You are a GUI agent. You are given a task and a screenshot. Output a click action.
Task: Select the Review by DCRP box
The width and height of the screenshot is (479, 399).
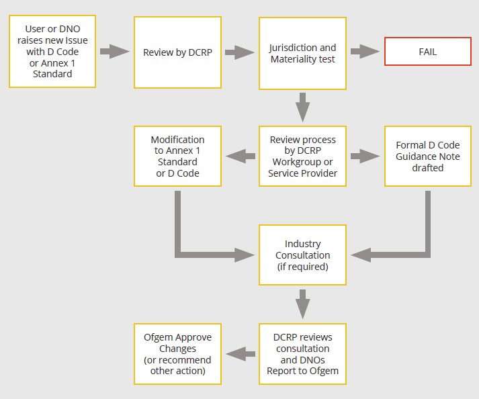coord(177,52)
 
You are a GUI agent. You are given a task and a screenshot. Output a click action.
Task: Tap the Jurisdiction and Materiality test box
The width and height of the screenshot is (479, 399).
coord(302,53)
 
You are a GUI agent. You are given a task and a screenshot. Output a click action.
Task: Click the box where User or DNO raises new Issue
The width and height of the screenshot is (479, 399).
coord(52,52)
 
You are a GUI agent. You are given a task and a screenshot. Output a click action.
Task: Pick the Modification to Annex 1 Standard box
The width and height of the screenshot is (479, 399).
coord(177,157)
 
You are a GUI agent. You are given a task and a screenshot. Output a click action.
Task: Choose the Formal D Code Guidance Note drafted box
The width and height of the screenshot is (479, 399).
coord(428,157)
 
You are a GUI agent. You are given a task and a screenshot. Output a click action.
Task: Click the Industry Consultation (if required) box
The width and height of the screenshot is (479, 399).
coord(302,255)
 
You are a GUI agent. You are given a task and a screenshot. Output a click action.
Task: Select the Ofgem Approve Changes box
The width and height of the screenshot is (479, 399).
coord(177,354)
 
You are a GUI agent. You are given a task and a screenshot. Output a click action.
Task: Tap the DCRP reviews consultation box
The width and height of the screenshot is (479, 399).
coord(302,354)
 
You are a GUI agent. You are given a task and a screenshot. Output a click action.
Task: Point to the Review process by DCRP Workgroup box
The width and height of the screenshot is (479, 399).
coord(302,157)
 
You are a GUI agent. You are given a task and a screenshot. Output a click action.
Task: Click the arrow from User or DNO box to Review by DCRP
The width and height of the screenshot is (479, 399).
coord(114,51)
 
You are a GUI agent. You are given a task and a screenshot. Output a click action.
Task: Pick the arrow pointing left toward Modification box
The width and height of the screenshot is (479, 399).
coord(241,157)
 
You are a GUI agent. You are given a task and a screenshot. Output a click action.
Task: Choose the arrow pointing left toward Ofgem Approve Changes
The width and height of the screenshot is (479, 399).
coord(241,354)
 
